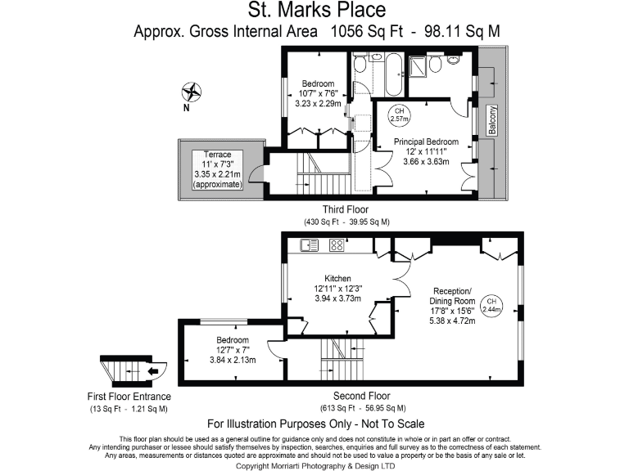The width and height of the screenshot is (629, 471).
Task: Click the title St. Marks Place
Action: [x=316, y=11]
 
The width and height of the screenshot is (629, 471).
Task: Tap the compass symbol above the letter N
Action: [x=192, y=92]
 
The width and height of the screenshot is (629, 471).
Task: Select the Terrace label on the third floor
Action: [x=218, y=155]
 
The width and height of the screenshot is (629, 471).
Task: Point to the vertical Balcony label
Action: [x=492, y=120]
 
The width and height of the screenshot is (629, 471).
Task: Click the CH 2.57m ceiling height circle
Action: [x=400, y=115]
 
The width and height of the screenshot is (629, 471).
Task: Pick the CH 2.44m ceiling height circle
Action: [x=491, y=304]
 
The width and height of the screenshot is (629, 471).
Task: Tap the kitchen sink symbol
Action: [x=310, y=244]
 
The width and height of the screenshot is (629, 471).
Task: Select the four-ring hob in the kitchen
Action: [x=337, y=244]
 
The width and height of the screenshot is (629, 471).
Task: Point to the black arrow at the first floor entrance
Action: [x=153, y=370]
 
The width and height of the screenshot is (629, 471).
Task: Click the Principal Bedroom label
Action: [x=425, y=142]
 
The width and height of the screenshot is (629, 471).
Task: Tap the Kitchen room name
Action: [x=337, y=278]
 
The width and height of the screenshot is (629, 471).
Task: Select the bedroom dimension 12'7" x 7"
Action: [x=233, y=350]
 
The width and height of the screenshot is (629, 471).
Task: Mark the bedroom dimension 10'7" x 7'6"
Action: [x=318, y=94]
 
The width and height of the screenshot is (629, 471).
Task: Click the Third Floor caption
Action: [x=346, y=209]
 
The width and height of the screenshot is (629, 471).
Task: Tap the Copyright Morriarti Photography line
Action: [x=315, y=465]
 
